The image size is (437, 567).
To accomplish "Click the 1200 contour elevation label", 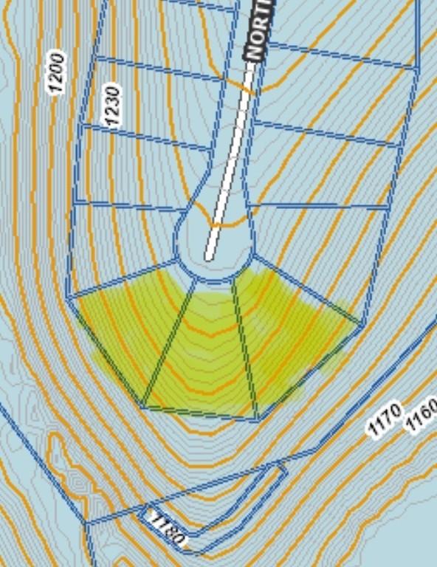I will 57,72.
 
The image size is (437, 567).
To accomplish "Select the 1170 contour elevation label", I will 385,419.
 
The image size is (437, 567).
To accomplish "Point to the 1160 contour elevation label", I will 422,414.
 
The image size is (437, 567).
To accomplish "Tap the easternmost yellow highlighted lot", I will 295,332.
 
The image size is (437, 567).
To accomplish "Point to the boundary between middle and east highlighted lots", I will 244,347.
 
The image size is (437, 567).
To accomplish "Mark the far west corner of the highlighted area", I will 69,298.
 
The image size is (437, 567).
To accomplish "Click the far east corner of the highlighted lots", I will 362,323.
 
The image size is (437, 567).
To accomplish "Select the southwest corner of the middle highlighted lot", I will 142,405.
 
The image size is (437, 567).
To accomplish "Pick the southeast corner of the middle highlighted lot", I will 257,419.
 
